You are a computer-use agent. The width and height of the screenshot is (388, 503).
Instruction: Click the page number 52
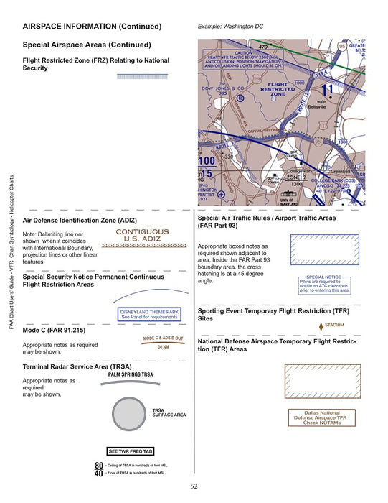point(194,486)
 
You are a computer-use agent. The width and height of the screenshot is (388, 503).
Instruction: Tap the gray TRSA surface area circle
point(131,416)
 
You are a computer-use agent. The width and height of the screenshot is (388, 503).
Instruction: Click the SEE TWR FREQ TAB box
point(130,451)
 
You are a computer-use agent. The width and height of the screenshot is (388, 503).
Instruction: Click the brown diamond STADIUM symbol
point(320,326)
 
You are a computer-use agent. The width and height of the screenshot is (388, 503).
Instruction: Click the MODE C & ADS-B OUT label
point(163,338)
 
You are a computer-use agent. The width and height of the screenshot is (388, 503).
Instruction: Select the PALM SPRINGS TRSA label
point(130,375)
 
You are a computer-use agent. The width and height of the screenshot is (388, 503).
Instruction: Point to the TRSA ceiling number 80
point(98,466)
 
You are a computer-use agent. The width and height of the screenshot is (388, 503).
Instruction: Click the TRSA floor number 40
point(98,474)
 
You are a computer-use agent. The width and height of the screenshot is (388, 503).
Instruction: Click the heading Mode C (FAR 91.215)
point(55,330)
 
